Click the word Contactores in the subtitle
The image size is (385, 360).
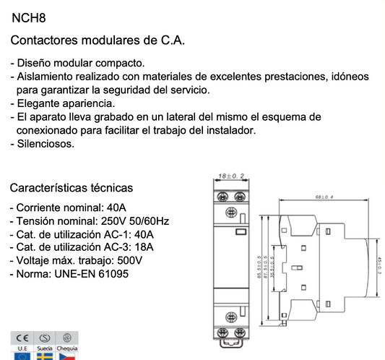[48, 39]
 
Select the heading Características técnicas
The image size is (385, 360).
[71, 187]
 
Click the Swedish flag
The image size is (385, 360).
[45, 356]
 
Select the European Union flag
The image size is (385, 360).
[22, 356]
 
